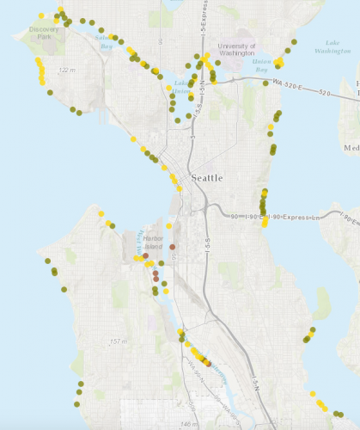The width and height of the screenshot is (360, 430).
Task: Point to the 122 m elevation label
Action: pyautogui.click(x=65, y=69)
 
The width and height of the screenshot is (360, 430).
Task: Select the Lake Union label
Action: pyautogui.click(x=181, y=87)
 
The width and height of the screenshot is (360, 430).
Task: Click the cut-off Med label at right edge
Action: pyautogui.click(x=351, y=147)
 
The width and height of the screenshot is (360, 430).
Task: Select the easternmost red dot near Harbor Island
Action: pyautogui.click(x=173, y=247)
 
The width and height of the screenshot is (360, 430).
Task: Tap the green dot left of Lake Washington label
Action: pyautogui.click(x=294, y=41)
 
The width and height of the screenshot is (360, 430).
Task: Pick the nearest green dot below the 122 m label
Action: pyautogui.click(x=50, y=92)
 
